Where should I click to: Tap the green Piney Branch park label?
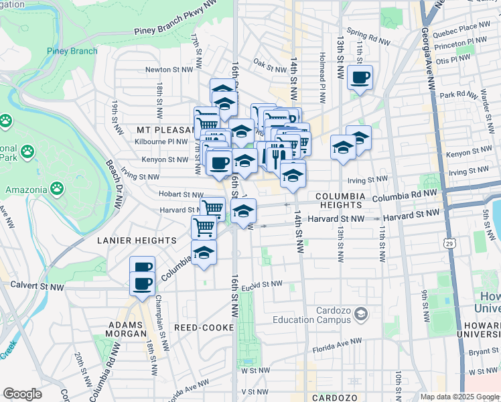(72, 51)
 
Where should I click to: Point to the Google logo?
(22, 394)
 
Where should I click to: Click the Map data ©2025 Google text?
(459, 397)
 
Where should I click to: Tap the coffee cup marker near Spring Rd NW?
(360, 78)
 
